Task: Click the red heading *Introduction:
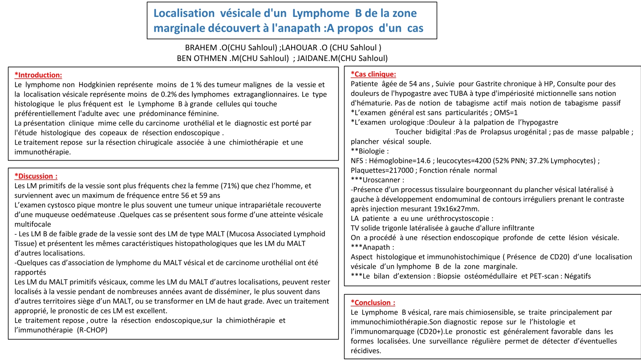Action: tap(38, 75)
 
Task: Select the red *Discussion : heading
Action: tap(36, 176)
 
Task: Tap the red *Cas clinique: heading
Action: tap(373, 74)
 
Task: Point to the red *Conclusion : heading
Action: tap(373, 303)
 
